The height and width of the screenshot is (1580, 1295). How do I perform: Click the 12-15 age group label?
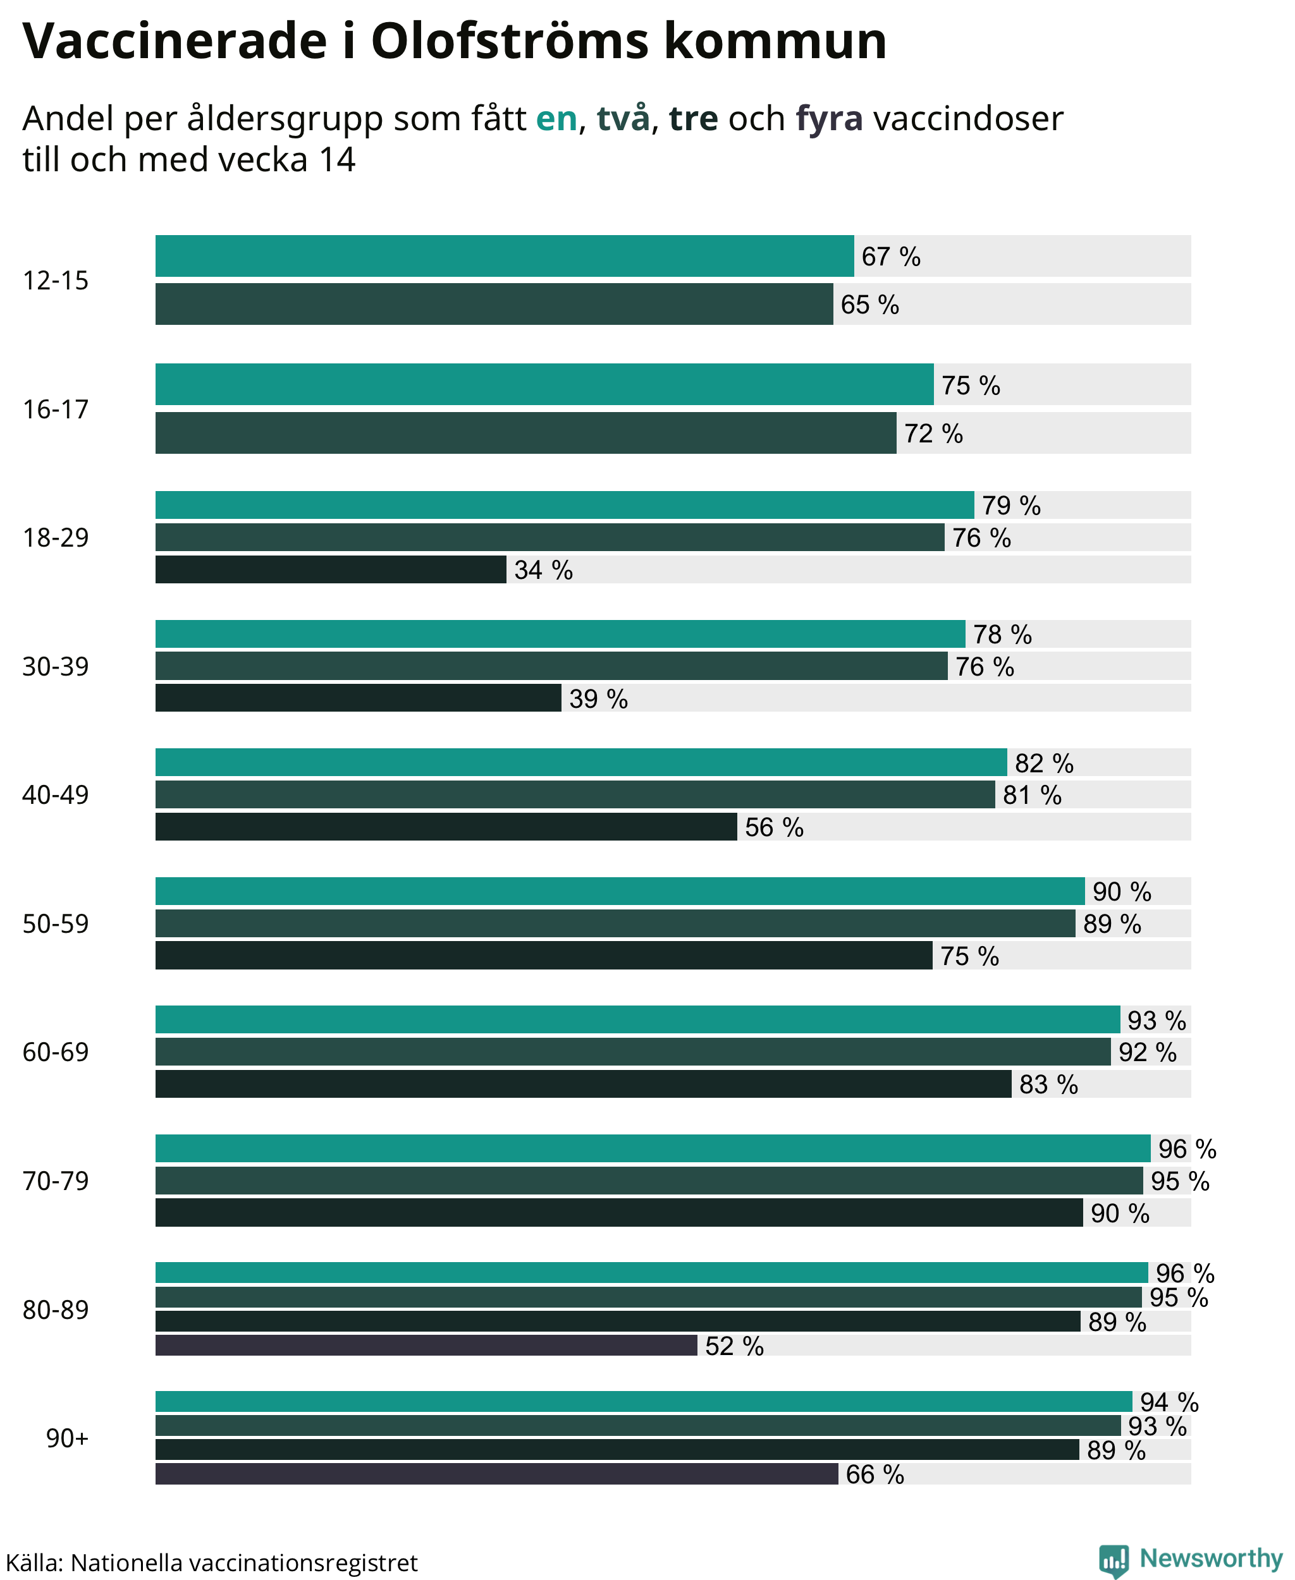(55, 281)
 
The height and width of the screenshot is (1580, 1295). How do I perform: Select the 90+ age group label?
(67, 1438)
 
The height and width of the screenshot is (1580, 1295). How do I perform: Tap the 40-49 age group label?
(55, 795)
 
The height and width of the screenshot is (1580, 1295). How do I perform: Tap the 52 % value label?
(734, 1346)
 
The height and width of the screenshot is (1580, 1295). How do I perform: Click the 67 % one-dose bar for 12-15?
(504, 256)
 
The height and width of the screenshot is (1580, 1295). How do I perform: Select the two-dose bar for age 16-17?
(526, 432)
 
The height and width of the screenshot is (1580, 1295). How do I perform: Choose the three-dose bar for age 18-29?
(331, 569)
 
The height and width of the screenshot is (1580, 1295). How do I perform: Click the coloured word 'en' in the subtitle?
(556, 119)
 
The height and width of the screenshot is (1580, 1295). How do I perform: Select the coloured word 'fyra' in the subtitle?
(829, 119)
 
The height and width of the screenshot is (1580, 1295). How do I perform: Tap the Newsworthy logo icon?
(1114, 1560)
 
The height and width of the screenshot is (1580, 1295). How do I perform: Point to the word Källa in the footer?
(35, 1562)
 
